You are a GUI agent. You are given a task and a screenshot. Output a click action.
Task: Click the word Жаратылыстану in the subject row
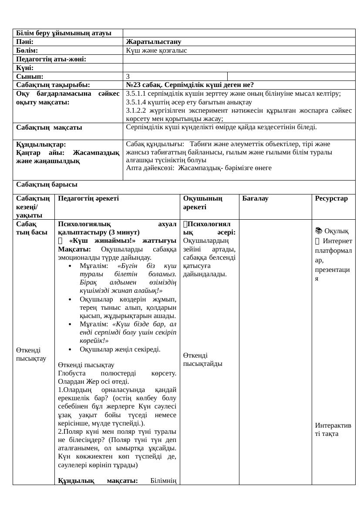153,42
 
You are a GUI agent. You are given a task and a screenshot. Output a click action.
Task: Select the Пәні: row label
25,42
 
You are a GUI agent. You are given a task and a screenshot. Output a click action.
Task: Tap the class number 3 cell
128,77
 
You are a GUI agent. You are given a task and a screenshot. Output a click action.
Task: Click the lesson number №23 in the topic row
134,85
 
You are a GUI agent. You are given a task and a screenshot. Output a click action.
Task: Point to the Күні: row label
25,68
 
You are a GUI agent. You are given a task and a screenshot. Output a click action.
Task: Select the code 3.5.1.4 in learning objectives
138,102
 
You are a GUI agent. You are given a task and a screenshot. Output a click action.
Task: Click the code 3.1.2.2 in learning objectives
138,111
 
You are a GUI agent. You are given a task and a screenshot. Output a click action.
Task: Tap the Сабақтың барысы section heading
47,184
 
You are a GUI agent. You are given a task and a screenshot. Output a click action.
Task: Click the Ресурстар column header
331,198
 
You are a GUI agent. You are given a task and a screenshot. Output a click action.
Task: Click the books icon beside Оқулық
319,231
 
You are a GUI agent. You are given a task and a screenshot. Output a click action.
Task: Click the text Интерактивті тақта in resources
333,429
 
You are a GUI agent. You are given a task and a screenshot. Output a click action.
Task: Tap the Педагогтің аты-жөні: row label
51,59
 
